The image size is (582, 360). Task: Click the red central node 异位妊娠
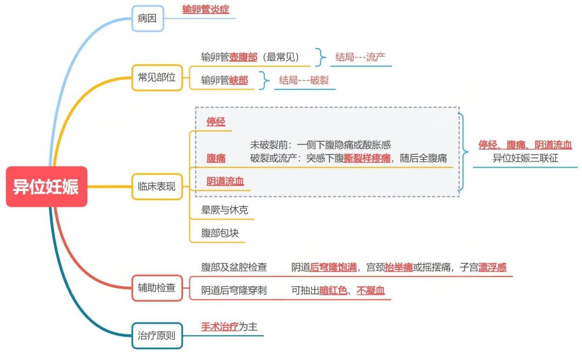[x=46, y=186]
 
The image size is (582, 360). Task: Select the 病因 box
[x=147, y=19]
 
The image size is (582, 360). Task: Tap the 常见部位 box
[x=157, y=77]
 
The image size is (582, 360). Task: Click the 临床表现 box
[x=157, y=186]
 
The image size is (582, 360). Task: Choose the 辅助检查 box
[x=157, y=288]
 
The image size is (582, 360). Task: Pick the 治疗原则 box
[x=157, y=336]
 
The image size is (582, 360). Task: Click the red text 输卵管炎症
[x=206, y=9]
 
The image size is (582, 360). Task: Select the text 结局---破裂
[x=304, y=80]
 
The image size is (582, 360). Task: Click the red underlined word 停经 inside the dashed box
[x=216, y=122]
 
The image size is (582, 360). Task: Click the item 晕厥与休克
[x=224, y=210]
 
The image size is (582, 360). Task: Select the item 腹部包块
[x=220, y=233]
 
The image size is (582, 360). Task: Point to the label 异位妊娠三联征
[x=526, y=159]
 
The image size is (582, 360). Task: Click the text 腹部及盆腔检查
[x=234, y=267]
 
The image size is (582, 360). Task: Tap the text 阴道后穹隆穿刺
[x=234, y=290]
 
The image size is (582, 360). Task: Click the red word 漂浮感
[x=492, y=267]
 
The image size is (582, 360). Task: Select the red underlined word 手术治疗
[x=220, y=327]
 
